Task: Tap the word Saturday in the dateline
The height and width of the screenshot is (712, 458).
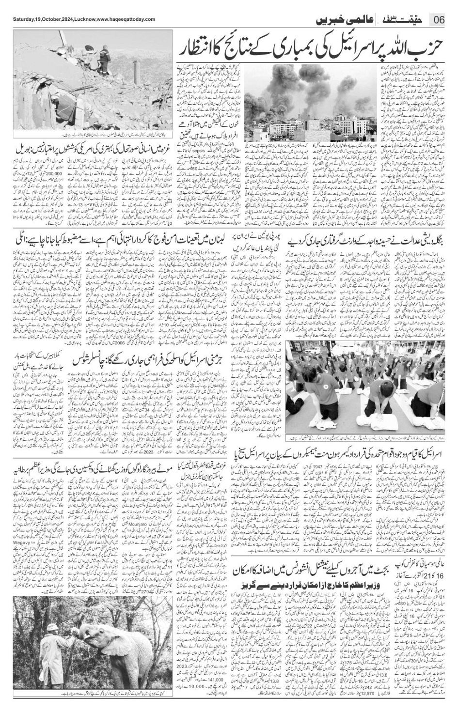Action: point(22,19)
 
